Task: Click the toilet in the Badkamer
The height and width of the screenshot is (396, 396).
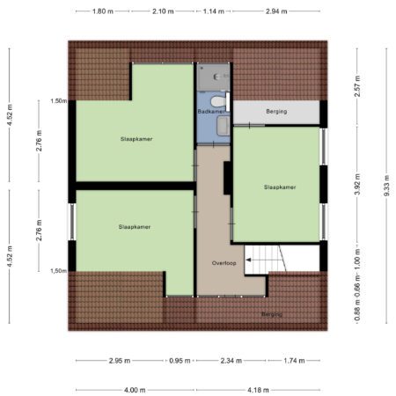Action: [218, 101]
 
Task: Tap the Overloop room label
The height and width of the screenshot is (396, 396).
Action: [224, 263]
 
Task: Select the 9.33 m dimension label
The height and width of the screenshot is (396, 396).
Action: [386, 186]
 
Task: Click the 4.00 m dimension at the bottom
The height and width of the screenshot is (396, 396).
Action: [135, 390]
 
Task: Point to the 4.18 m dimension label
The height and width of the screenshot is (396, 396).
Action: [258, 390]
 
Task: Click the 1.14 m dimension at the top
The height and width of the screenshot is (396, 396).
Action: [214, 11]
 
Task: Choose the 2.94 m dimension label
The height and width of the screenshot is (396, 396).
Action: [276, 11]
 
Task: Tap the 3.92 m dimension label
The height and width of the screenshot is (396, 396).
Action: [357, 184]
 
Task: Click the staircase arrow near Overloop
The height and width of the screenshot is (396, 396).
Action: [248, 260]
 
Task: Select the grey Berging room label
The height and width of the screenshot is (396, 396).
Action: [276, 112]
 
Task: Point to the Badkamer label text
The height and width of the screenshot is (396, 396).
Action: [211, 112]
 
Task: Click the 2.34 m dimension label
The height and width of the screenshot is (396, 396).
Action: [231, 361]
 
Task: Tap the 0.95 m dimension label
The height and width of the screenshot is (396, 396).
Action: [180, 361]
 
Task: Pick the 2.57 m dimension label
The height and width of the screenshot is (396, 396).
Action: [357, 86]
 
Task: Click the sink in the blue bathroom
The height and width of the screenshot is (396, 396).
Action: [224, 126]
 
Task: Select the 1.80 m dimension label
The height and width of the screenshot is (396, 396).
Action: [103, 11]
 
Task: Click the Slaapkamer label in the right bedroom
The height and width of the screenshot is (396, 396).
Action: [280, 187]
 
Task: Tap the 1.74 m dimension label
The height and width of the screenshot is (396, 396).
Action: [294, 361]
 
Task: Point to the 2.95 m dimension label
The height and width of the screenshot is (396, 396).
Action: [120, 361]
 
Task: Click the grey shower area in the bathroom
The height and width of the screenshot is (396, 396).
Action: [213, 77]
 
